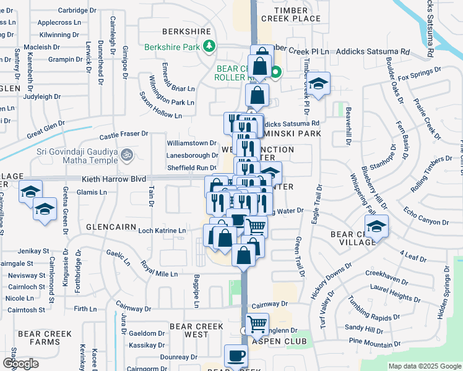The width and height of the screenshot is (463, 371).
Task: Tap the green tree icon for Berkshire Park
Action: [x=210, y=46]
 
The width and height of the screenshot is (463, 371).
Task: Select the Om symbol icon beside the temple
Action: [x=126, y=153]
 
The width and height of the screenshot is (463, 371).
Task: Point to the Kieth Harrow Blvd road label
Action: [x=114, y=179]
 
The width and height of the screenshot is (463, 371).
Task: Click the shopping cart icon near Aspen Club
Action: [x=256, y=323]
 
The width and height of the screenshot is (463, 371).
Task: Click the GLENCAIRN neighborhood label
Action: [x=111, y=227]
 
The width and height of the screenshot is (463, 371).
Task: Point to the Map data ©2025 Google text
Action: [x=424, y=366]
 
